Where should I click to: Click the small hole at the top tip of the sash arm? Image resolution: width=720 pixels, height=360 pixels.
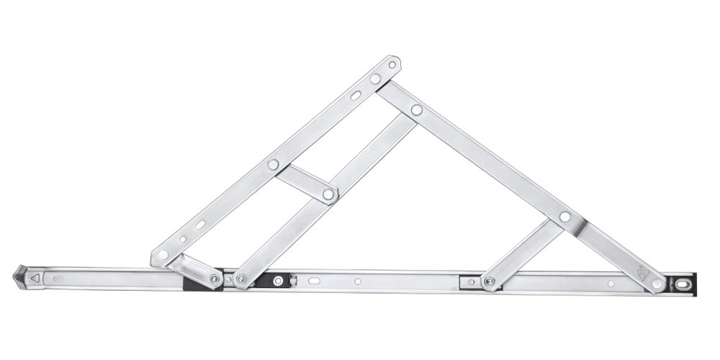click(x=392, y=65)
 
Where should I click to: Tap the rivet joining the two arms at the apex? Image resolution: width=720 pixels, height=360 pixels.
click(x=375, y=78)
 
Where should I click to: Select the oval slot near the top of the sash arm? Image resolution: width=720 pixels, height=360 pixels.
click(x=356, y=95)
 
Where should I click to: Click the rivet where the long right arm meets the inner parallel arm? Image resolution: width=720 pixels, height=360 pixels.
click(x=416, y=110)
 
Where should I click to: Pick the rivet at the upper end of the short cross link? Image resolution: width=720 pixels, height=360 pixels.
click(x=273, y=165)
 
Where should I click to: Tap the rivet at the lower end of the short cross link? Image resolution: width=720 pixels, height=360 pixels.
click(x=328, y=194)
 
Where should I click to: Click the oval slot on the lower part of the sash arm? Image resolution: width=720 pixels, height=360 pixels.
click(x=199, y=225)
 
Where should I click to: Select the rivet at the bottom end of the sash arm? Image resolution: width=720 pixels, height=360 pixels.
click(x=163, y=254)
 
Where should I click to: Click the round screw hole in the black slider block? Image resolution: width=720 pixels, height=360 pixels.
click(x=279, y=279)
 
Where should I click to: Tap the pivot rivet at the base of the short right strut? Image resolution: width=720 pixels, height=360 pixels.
click(x=490, y=282)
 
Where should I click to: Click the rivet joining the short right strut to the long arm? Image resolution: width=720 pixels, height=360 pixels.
click(x=564, y=216)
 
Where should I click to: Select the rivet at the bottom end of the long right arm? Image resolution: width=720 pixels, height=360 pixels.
click(x=657, y=284)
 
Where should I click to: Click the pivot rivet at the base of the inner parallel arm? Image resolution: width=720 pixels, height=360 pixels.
click(x=241, y=279)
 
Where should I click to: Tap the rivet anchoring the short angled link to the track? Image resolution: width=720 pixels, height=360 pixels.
click(x=215, y=278)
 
